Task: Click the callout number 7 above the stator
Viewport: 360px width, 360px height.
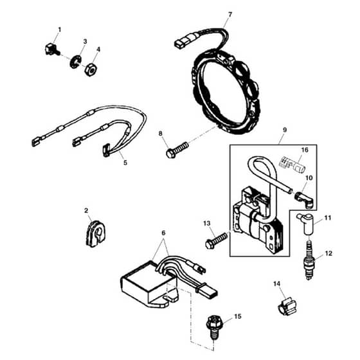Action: point(230,14)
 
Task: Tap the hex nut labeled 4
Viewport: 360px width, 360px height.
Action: point(91,69)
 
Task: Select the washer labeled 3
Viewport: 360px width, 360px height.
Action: point(76,62)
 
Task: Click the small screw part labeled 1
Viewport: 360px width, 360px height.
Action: point(52,49)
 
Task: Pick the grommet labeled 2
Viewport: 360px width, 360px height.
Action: point(95,234)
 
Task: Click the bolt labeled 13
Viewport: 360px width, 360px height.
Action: point(217,240)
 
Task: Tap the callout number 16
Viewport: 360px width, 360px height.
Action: point(305,150)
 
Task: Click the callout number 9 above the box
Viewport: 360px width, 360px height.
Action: point(285,130)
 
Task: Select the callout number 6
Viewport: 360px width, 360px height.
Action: point(163,233)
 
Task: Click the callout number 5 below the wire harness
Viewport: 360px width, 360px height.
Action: point(125,163)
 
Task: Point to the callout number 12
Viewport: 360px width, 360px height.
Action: point(328,253)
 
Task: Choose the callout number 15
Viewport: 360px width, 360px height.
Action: point(238,316)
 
